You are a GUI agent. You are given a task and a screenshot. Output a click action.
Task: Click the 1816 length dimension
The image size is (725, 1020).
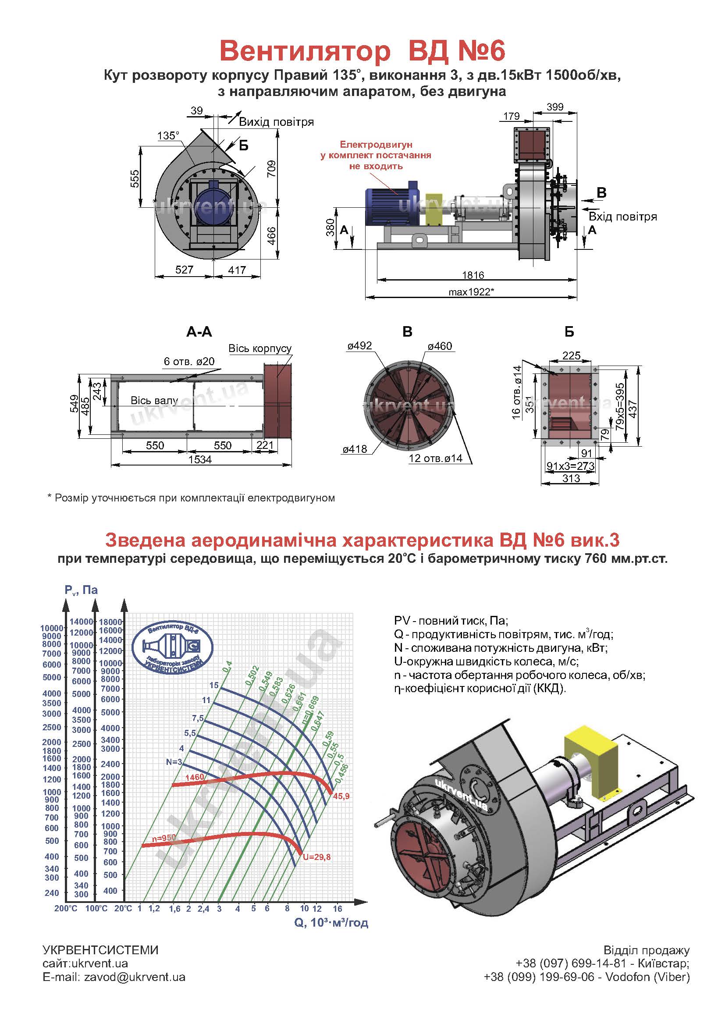(x=473, y=275)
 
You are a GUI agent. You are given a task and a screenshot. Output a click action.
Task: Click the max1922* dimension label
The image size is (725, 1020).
(x=472, y=292)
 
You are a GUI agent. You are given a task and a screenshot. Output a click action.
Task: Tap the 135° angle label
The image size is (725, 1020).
(x=168, y=135)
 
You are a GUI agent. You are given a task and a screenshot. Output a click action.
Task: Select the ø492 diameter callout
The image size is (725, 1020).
(x=359, y=345)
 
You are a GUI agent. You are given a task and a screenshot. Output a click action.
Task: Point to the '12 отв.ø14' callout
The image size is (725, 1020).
(x=435, y=458)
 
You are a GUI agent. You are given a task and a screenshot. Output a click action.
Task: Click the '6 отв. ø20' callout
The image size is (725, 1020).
(x=189, y=361)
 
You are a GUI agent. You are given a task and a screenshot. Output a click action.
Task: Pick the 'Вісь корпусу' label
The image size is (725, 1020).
(x=260, y=348)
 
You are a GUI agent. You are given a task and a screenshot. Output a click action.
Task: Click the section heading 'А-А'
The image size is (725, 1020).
(x=199, y=332)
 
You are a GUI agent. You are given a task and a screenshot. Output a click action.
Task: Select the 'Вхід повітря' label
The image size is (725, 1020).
(x=623, y=217)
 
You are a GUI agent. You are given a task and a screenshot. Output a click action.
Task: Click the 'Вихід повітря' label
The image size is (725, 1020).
(x=276, y=122)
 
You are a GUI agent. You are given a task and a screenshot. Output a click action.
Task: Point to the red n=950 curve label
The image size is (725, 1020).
(x=163, y=839)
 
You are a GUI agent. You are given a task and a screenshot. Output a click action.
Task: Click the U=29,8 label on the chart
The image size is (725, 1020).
(x=316, y=857)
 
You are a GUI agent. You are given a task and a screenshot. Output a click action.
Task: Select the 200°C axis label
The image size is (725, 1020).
(x=66, y=908)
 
